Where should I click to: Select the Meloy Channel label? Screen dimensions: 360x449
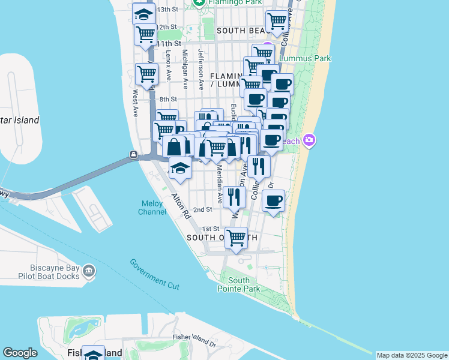point(152,208)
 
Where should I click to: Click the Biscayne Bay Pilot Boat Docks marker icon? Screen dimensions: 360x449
point(89,271)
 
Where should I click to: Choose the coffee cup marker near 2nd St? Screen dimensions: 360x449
point(274,200)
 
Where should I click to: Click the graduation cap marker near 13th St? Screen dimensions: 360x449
point(143,13)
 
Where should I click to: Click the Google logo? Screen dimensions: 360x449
point(20,353)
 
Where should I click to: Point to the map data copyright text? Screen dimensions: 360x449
point(412,355)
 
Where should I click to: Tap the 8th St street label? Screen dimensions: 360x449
point(169,99)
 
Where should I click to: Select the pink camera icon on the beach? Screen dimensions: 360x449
point(309,140)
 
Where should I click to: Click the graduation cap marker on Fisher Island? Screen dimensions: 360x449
point(94,355)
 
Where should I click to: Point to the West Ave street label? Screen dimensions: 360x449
point(136,103)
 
